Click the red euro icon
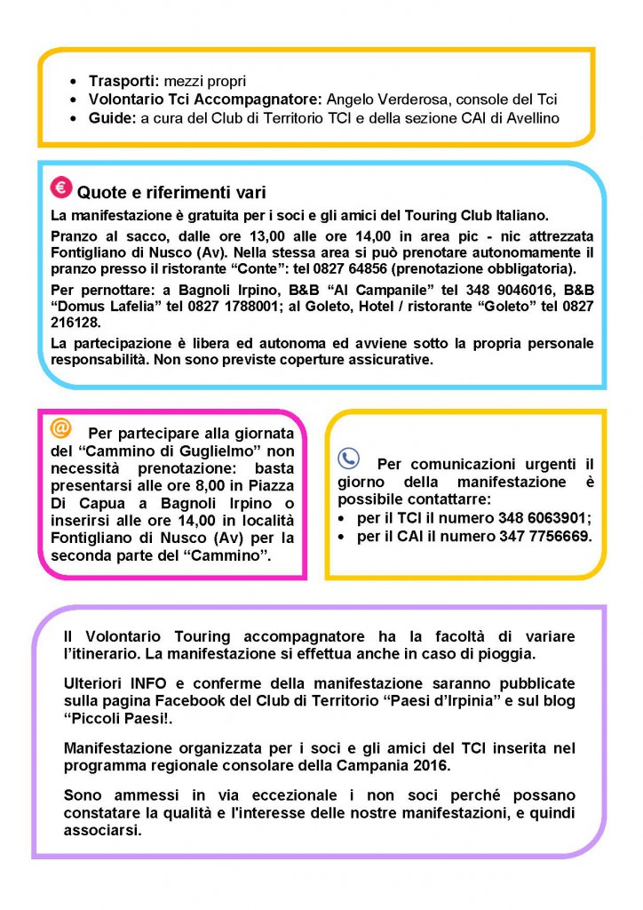tap(60, 188)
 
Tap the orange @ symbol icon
tap(60, 428)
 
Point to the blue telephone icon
tap(348, 459)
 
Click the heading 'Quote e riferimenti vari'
tap(171, 193)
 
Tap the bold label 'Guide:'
tap(113, 117)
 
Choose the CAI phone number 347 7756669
tap(538, 538)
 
